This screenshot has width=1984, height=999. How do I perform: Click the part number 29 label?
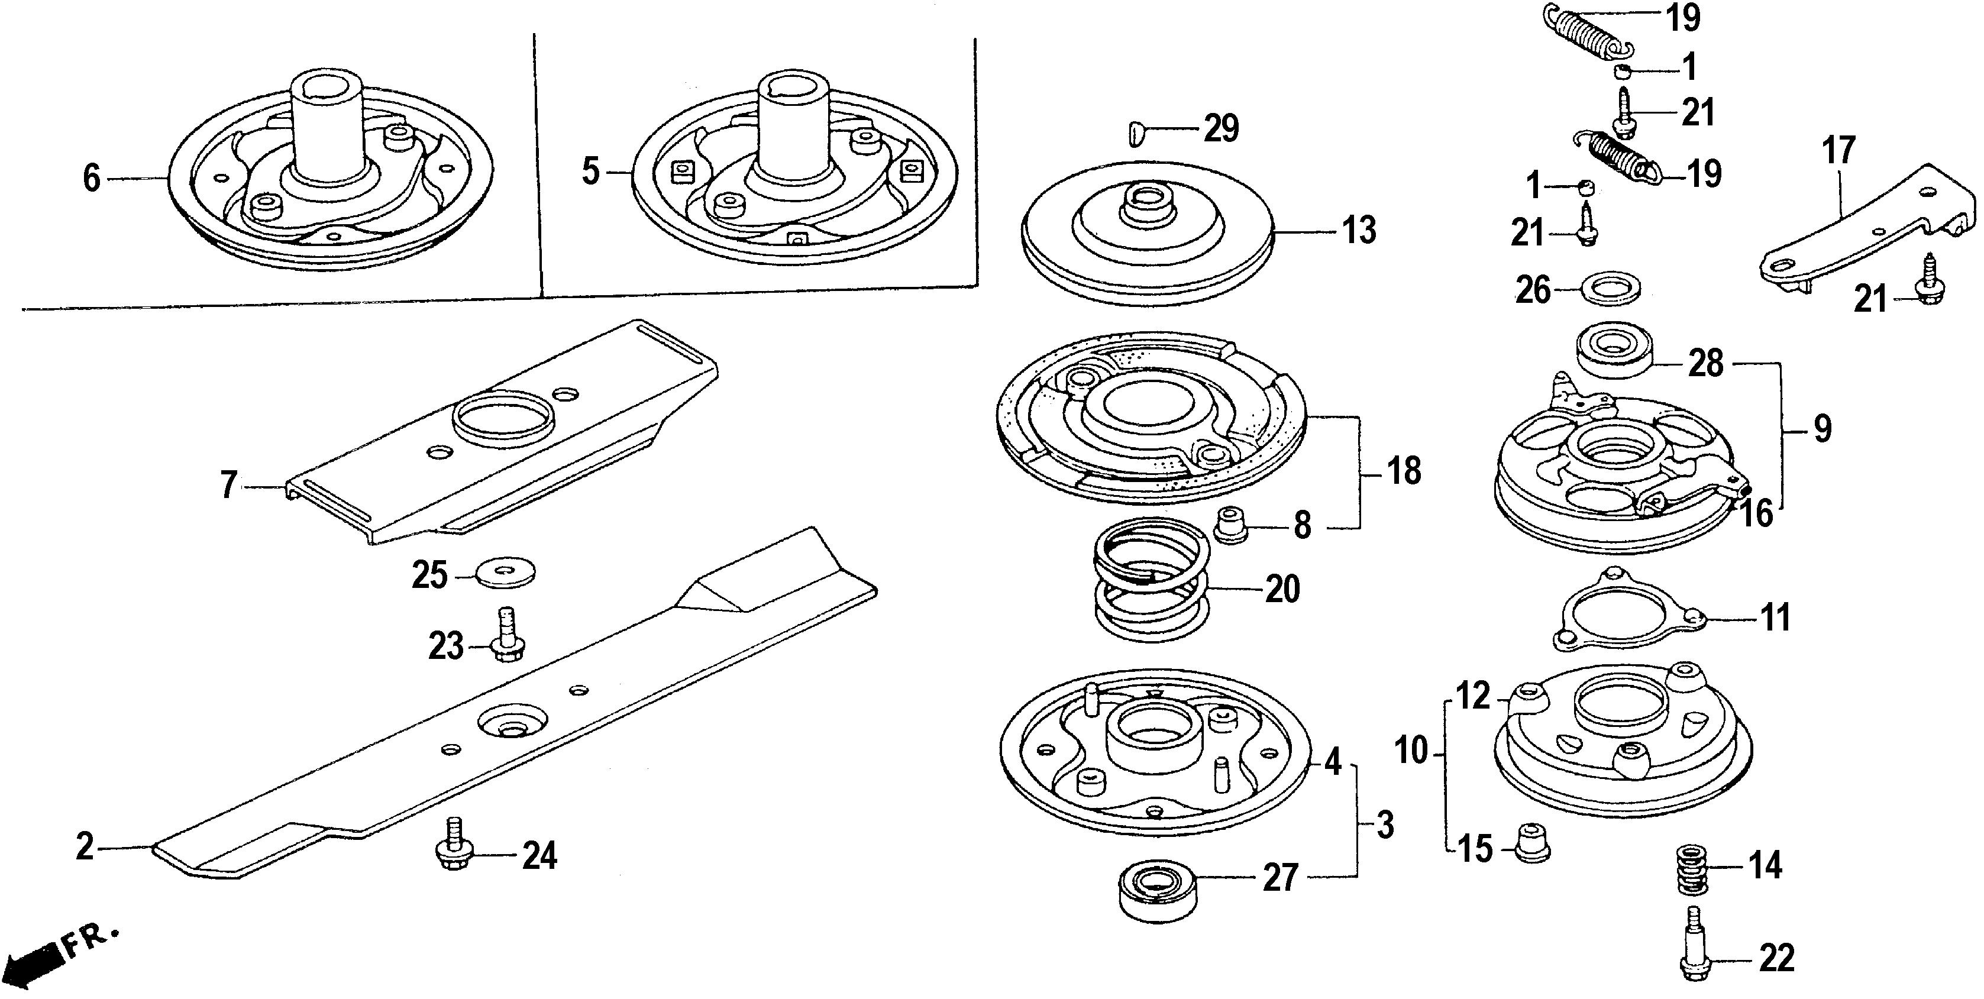[x=1222, y=128]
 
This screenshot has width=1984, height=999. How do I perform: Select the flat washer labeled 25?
[x=506, y=573]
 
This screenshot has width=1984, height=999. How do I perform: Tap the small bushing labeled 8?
[x=1232, y=525]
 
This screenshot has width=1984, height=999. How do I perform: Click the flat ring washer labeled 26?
[x=1610, y=289]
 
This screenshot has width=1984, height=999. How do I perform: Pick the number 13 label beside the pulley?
[x=1359, y=230]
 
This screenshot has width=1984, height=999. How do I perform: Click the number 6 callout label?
[x=92, y=179]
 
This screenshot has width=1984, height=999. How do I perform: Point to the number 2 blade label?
[x=85, y=847]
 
